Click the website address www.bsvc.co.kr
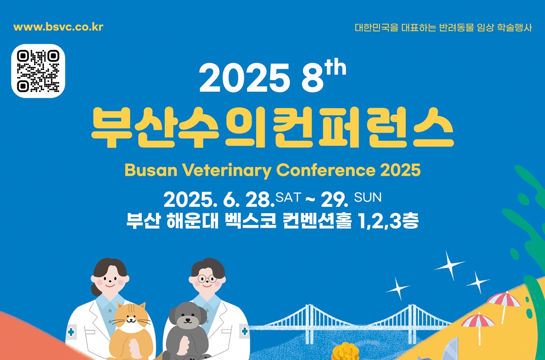[x=59, y=26]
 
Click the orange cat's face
[x=131, y=319]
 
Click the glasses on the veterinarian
[x=207, y=278]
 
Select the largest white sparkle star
[x=449, y=265]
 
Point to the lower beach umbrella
[x=478, y=320]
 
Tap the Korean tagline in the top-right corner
[x=443, y=27]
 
